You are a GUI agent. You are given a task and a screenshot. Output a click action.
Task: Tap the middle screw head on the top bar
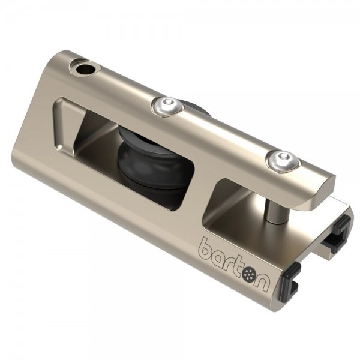click(x=167, y=106)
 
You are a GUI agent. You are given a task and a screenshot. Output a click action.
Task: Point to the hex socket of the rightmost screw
click(x=283, y=157)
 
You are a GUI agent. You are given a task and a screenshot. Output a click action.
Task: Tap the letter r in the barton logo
click(x=233, y=264)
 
